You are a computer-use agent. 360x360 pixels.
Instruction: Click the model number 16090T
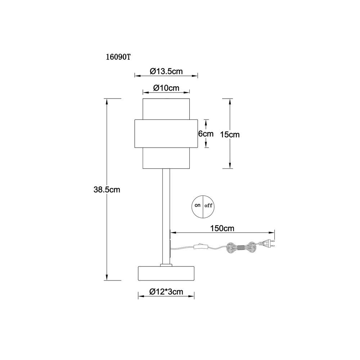pos(118,57)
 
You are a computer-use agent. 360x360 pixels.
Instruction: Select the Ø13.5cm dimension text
pos(166,71)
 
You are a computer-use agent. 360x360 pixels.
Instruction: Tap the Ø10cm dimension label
pos(166,88)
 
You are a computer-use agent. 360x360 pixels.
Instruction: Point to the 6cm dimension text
pos(206,134)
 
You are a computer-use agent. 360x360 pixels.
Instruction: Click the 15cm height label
pos(230,135)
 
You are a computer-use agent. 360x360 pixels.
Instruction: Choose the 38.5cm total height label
pos(107,190)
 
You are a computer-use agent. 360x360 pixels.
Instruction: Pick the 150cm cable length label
pos(222,228)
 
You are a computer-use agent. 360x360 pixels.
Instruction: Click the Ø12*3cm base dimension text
pos(166,292)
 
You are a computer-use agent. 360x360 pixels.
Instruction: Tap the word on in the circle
pos(197,205)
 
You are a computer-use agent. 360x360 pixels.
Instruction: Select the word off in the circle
pos(208,206)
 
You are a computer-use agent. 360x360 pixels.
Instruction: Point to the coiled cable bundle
pos(241,248)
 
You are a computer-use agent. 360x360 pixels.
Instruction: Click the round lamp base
pos(166,274)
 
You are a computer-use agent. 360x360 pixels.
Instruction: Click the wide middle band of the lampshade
pos(166,134)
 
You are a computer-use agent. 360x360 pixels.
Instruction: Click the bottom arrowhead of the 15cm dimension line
pos(230,165)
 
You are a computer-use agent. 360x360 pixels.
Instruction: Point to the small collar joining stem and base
pos(166,265)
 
